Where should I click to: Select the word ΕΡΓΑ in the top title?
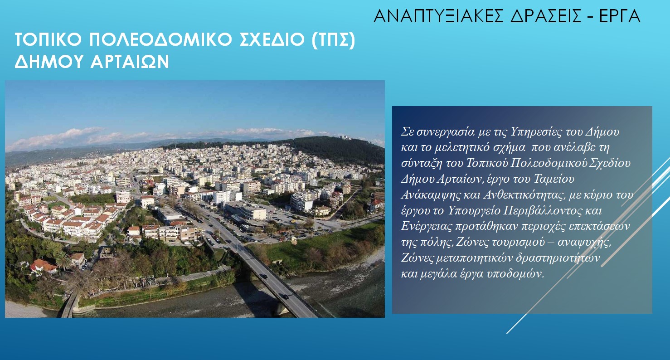620,16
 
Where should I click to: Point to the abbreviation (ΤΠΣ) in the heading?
333,40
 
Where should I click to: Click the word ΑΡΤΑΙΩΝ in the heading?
130,62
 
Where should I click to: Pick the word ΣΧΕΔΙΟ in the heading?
272,39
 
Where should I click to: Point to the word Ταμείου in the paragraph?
553,179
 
